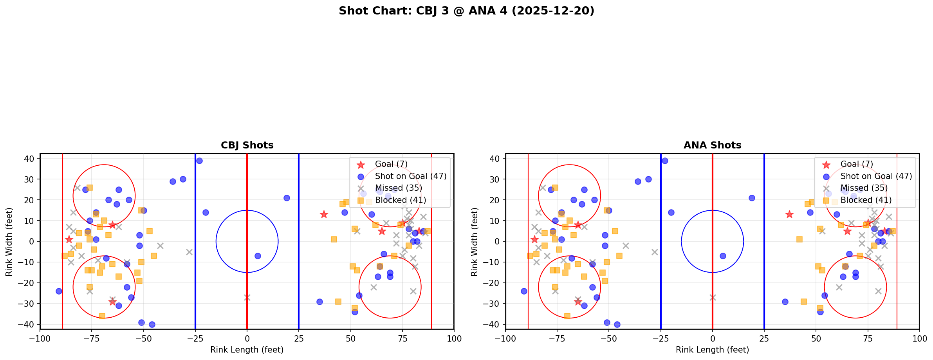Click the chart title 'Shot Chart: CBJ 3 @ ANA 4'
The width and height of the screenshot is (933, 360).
coord(466,11)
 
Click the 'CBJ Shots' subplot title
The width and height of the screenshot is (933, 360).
coord(247,145)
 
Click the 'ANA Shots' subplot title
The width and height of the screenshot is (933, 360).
coord(712,145)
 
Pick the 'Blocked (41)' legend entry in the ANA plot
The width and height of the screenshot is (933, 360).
coord(866,200)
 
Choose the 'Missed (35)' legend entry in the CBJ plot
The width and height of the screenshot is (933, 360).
coord(398,188)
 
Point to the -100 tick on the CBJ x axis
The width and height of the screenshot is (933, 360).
coord(40,338)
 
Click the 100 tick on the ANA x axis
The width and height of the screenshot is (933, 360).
coord(919,338)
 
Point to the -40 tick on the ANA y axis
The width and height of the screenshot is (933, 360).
coord(494,324)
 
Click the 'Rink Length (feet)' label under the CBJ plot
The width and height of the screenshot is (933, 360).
coord(247,350)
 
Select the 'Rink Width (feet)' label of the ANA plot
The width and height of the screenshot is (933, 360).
coord(475,242)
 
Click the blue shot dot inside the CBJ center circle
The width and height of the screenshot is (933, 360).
coord(258,256)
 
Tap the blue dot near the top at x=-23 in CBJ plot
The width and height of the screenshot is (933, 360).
coord(199,161)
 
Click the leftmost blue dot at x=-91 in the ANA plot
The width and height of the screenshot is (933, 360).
coord(524,291)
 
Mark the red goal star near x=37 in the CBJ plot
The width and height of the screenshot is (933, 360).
coord(324,214)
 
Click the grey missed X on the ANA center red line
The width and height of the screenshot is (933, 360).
coord(713,298)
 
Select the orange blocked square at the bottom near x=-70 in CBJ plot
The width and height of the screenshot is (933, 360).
coord(102,316)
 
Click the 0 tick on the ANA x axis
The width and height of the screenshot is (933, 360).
coord(713,338)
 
